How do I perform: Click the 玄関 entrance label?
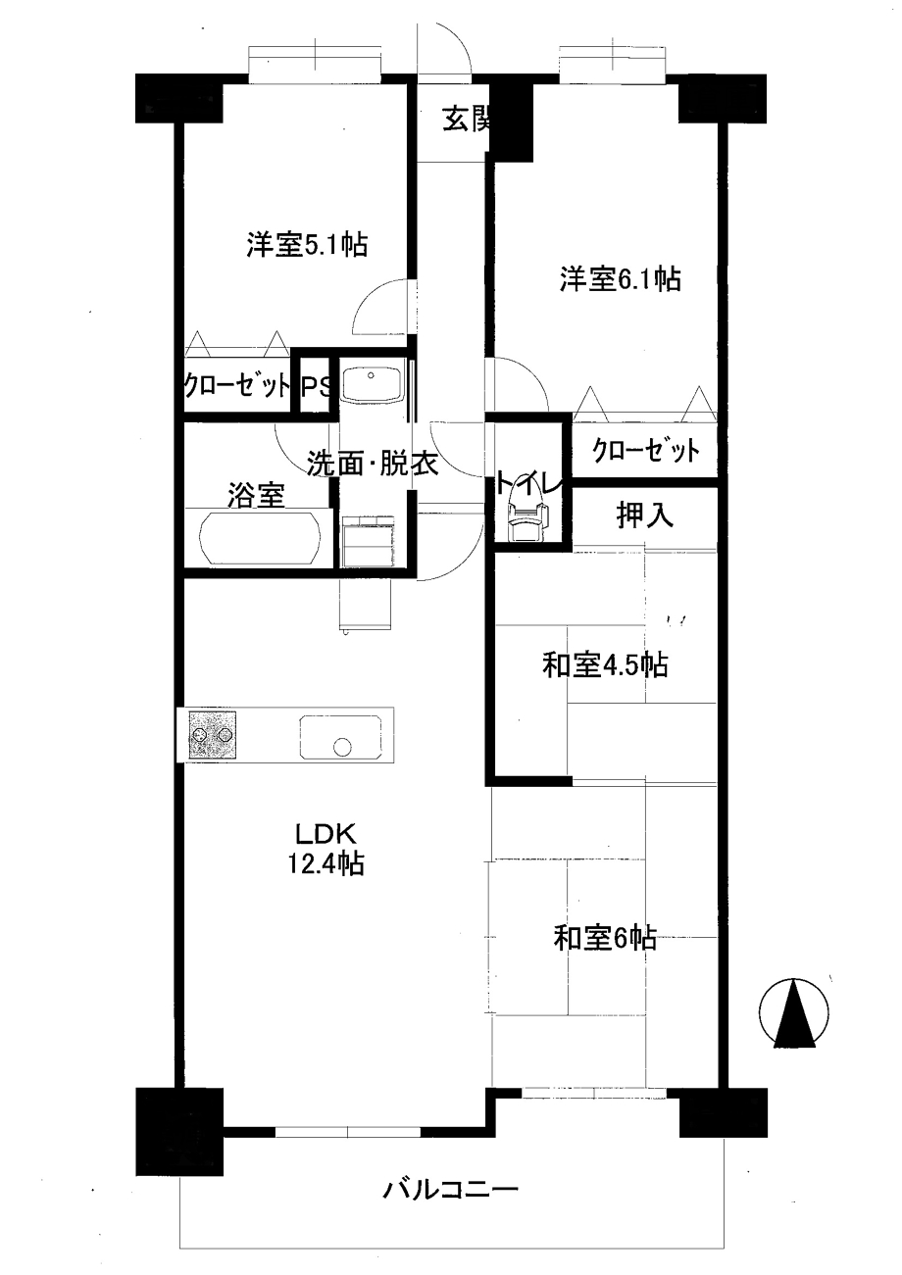pyautogui.click(x=467, y=121)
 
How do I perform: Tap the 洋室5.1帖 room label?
pyautogui.click(x=307, y=245)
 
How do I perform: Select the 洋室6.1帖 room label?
pyautogui.click(x=620, y=279)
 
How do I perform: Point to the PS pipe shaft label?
pyautogui.click(x=316, y=388)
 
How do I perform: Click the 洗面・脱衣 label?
pyautogui.click(x=373, y=463)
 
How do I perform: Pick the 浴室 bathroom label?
pyautogui.click(x=257, y=495)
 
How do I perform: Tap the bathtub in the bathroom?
pyautogui.click(x=261, y=538)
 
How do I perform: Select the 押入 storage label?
pyautogui.click(x=645, y=515)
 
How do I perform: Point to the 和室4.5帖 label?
pyautogui.click(x=605, y=664)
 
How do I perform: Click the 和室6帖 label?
pyautogui.click(x=605, y=938)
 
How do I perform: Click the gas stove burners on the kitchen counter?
pyautogui.click(x=211, y=735)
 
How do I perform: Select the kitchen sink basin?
pyautogui.click(x=340, y=736)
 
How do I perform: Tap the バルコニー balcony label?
pyautogui.click(x=450, y=1189)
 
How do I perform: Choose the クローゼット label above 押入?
pyautogui.click(x=646, y=452)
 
